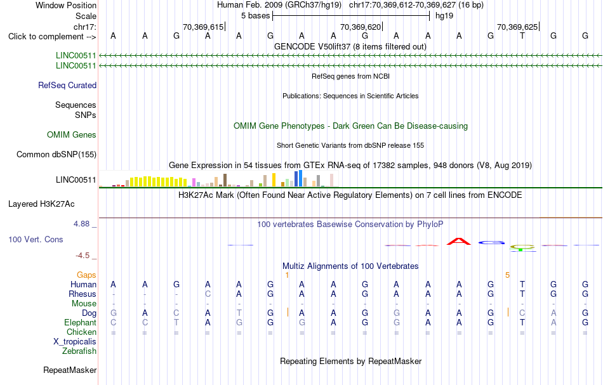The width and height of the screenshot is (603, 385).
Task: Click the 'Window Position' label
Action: (66, 5)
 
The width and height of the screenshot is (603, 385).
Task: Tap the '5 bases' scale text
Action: (255, 16)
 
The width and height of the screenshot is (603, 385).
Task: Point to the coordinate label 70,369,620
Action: (361, 27)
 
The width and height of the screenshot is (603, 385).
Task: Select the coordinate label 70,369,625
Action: (517, 27)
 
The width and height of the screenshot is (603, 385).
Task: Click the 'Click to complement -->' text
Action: (52, 37)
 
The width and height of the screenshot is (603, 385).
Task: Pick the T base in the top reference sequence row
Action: (522, 36)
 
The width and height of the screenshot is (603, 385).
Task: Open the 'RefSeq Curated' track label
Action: (67, 85)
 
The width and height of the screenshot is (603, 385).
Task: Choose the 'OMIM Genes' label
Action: (72, 135)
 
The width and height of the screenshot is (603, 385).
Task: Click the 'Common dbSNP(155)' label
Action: (56, 155)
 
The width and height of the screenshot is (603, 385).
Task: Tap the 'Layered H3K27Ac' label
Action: (41, 204)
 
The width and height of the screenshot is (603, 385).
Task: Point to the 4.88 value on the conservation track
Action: (81, 224)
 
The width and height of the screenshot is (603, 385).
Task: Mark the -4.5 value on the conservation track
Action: (83, 256)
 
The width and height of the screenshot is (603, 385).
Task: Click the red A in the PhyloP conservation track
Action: (459, 241)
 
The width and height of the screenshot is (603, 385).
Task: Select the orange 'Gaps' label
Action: (86, 275)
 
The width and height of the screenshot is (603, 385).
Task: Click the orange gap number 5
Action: (507, 275)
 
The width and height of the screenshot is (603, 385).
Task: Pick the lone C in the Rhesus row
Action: (208, 294)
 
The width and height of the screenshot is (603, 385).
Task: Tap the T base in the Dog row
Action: (239, 313)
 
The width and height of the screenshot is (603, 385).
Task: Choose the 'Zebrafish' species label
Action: (79, 351)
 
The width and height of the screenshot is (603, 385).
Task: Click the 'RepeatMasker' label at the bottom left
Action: (70, 370)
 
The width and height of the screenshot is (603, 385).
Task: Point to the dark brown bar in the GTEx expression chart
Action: (225, 180)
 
